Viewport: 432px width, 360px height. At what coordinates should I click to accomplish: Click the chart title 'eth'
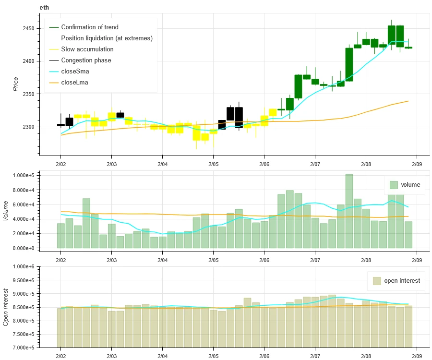[44, 8]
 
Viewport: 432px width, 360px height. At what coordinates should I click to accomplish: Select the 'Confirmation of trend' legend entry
[89, 27]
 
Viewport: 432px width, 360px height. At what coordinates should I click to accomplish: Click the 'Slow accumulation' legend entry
[87, 49]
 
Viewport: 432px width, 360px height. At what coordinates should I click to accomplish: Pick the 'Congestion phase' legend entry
[86, 60]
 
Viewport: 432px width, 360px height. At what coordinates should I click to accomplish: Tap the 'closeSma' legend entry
[75, 72]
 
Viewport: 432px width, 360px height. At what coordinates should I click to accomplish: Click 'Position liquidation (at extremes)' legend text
[107, 38]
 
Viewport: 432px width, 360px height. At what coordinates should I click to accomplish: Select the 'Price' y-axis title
[15, 84]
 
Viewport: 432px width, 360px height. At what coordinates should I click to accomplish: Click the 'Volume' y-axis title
[6, 211]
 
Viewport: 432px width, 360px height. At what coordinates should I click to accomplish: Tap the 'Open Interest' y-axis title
[6, 307]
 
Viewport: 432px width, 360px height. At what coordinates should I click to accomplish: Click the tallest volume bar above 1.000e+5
[349, 211]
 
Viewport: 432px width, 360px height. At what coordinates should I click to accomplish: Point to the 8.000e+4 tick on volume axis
[20, 190]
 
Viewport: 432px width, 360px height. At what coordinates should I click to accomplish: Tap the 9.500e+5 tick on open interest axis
[20, 280]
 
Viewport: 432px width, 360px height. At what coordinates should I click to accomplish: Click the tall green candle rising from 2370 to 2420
[349, 64]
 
